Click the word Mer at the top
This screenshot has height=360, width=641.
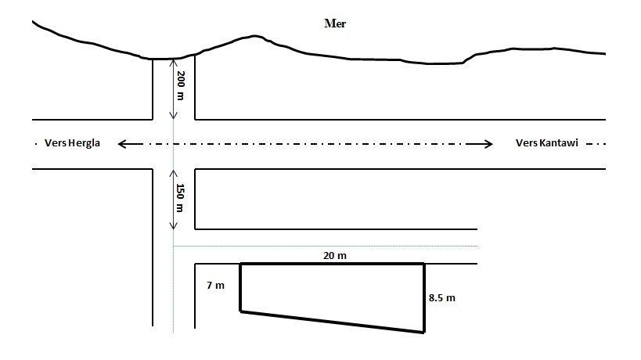click(x=335, y=23)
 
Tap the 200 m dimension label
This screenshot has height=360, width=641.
click(x=180, y=85)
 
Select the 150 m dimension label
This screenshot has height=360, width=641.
click(x=180, y=198)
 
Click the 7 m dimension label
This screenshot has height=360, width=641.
click(x=215, y=286)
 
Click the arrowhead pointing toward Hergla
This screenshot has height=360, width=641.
click(x=121, y=143)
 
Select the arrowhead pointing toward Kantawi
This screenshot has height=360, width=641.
click(x=489, y=143)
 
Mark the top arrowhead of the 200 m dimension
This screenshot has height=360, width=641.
click(x=173, y=63)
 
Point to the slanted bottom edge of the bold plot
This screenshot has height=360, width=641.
click(x=333, y=322)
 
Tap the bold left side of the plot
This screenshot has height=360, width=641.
click(x=240, y=288)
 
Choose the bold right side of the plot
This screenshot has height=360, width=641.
click(x=424, y=298)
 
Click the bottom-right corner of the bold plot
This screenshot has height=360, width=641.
click(x=424, y=333)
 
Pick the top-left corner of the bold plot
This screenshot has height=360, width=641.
click(x=240, y=265)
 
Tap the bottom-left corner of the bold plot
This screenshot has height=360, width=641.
click(x=240, y=312)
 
